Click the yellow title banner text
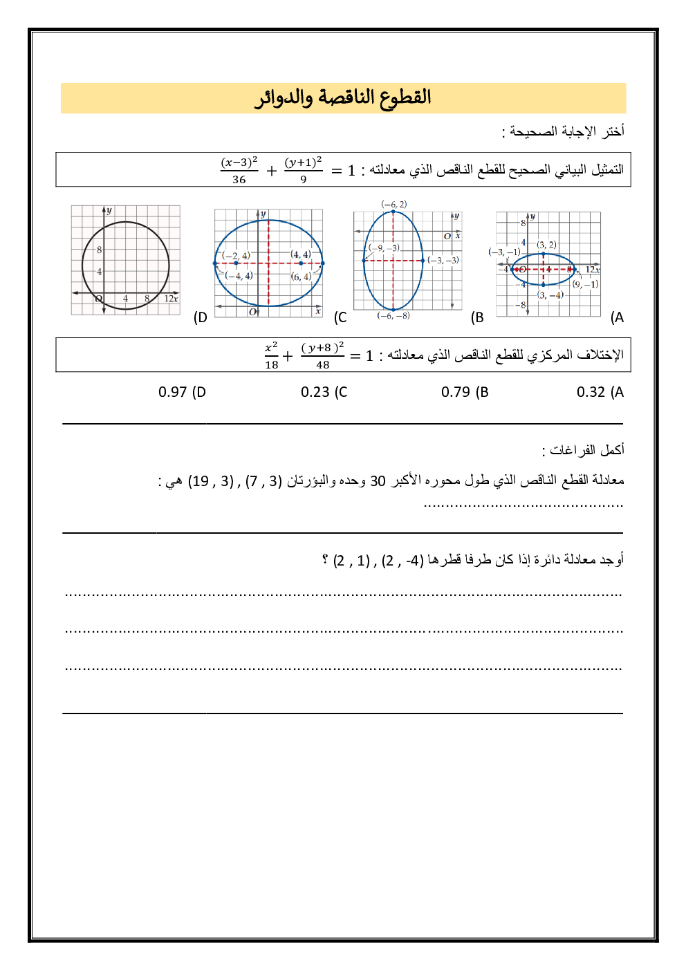343,97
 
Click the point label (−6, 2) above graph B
394,204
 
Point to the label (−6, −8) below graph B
393,316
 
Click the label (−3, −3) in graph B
443,260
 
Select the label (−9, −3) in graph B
384,248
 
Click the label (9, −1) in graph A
586,284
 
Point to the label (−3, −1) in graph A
504,252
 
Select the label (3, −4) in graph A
550,295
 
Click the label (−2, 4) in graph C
236,255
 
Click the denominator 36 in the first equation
239,180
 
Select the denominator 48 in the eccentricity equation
323,365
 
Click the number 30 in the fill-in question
378,481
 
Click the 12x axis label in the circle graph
171,299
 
